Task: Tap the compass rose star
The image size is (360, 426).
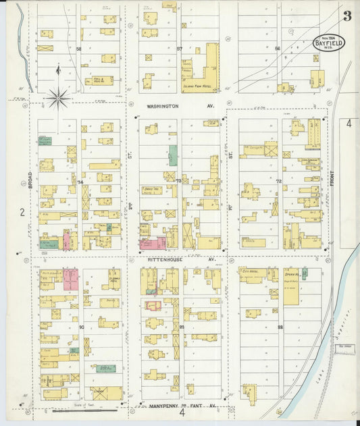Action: pyautogui.click(x=58, y=99)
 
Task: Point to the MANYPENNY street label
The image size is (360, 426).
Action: pyautogui.click(x=157, y=406)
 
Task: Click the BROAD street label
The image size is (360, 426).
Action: pyautogui.click(x=31, y=178)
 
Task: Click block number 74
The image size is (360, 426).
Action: pyautogui.click(x=80, y=182)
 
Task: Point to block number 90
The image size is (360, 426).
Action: pyautogui.click(x=81, y=327)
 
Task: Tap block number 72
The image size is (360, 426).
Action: pyautogui.click(x=278, y=182)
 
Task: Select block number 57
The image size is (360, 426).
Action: pyautogui.click(x=180, y=49)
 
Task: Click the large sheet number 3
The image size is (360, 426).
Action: pyautogui.click(x=346, y=16)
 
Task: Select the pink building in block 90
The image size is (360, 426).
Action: pyautogui.click(x=71, y=279)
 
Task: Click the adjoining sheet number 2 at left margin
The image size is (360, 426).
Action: pyautogui.click(x=22, y=212)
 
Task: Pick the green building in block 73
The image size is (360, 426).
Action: pyautogui.click(x=174, y=155)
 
